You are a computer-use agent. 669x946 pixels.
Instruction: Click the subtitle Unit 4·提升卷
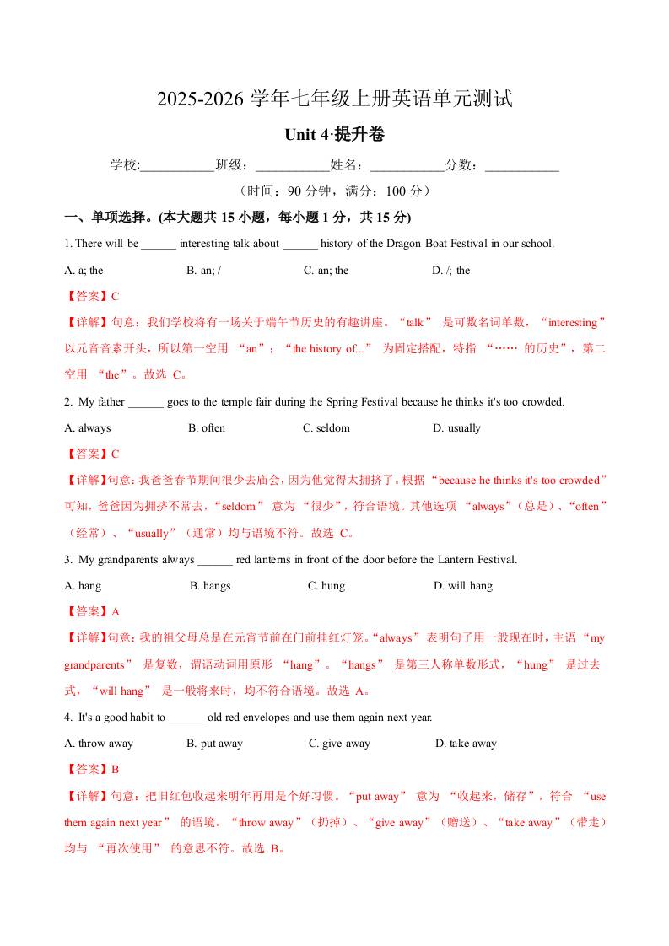(x=335, y=135)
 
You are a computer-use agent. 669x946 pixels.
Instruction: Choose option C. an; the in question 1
(x=326, y=271)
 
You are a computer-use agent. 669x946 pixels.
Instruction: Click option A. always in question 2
(x=88, y=428)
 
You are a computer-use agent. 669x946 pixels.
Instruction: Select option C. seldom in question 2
(x=326, y=428)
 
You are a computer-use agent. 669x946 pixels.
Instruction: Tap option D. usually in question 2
(x=456, y=428)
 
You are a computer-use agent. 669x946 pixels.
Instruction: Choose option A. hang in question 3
(x=83, y=586)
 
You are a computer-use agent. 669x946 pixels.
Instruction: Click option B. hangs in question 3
(x=210, y=586)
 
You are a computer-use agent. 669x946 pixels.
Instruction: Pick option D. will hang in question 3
(x=463, y=586)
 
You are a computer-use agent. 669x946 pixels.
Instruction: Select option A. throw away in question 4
(x=99, y=744)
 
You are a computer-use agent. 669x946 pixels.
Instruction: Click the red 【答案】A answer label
(x=92, y=612)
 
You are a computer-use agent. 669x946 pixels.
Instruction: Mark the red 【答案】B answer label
(x=92, y=770)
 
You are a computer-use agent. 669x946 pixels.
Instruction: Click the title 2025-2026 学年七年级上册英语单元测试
(x=335, y=99)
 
